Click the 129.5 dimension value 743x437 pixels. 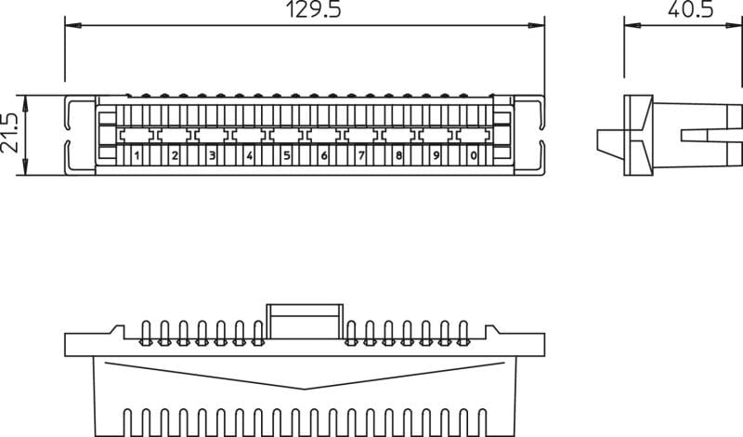coord(314,9)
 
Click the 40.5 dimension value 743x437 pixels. coord(690,9)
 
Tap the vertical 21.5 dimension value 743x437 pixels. coord(9,133)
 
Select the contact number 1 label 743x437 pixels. coord(137,155)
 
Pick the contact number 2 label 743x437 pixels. coord(175,155)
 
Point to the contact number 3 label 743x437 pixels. coord(212,155)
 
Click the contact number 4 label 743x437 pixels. coord(249,155)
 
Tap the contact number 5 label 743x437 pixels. coord(286,155)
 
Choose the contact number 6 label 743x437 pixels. coord(323,155)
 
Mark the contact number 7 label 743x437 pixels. coord(361,155)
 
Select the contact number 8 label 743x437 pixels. coord(398,155)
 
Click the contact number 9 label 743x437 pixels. coord(436,155)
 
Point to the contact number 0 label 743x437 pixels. coord(474,155)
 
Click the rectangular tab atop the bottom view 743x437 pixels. coord(305,321)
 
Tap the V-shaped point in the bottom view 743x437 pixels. coord(305,389)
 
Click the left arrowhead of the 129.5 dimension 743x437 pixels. coord(73,25)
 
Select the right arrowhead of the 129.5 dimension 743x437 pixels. coord(537,25)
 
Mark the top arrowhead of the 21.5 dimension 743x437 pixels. coord(26,103)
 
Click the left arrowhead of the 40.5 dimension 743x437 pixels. coord(632,25)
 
